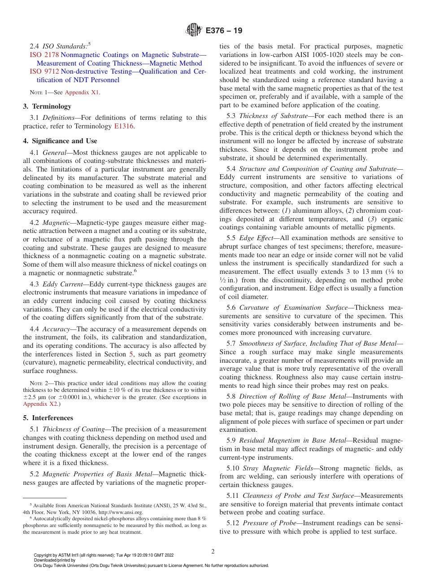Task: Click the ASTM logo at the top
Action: [x=194, y=31]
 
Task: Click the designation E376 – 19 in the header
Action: [x=224, y=31]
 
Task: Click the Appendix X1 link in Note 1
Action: [x=82, y=92]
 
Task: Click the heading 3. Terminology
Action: [x=47, y=106]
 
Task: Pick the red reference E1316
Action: [x=124, y=126]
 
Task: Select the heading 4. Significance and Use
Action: [x=60, y=141]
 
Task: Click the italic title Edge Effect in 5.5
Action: [x=253, y=238]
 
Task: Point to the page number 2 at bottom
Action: [x=213, y=551]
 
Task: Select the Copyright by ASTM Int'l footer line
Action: [x=104, y=555]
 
